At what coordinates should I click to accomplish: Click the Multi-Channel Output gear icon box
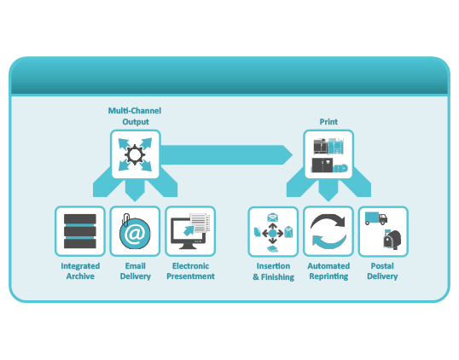135,154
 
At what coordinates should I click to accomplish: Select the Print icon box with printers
328,154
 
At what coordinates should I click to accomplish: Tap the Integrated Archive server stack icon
80,231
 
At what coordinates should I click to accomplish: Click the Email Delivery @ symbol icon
135,232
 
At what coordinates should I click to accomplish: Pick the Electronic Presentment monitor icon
190,231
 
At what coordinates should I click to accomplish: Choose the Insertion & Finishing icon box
273,231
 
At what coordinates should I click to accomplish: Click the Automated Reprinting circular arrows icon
328,231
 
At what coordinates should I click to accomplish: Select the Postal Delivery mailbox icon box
383,231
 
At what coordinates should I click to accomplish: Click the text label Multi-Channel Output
135,116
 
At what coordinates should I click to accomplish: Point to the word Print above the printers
328,122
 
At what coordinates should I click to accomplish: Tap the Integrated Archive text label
80,270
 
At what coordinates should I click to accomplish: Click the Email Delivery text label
135,270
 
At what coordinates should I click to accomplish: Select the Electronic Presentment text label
190,270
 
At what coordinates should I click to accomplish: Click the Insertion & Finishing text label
273,270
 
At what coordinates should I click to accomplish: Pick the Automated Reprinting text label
328,270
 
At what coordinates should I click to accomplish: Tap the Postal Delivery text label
382,270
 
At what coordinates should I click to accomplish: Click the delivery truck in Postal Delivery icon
375,219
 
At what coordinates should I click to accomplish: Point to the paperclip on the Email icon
125,218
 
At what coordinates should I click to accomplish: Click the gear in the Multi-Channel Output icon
135,155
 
